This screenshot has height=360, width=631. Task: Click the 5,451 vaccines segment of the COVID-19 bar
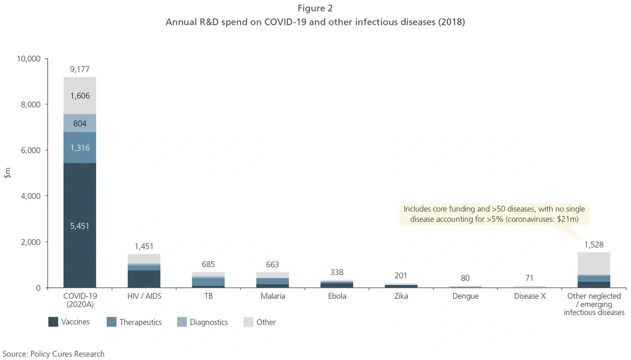click(x=80, y=225)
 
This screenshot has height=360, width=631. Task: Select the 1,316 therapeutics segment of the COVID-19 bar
click(x=80, y=147)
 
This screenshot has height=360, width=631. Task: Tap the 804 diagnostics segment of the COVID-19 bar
click(x=80, y=123)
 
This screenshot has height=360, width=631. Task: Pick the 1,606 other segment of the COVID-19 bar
click(x=80, y=96)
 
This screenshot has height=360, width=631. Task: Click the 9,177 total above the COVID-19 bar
click(x=80, y=69)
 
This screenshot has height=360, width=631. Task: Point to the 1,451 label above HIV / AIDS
click(x=144, y=246)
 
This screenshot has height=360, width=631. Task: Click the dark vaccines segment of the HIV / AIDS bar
click(x=144, y=279)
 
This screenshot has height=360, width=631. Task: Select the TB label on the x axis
click(x=208, y=296)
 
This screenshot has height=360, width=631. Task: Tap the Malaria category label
click(x=272, y=296)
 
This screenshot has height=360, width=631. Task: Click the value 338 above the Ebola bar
click(x=337, y=272)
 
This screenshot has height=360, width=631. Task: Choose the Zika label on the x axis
click(x=401, y=296)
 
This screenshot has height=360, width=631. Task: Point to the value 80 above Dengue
click(x=465, y=278)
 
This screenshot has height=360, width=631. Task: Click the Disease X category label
click(x=530, y=296)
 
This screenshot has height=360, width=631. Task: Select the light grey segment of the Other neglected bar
click(x=594, y=263)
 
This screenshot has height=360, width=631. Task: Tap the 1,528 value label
click(x=594, y=245)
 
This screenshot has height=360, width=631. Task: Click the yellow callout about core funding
click(x=494, y=214)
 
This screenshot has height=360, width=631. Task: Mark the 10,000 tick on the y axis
click(x=29, y=59)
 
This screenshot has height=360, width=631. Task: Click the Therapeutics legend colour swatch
click(x=112, y=322)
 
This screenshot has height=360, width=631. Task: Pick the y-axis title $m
click(x=7, y=173)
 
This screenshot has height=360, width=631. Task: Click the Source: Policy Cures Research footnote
click(x=53, y=354)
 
